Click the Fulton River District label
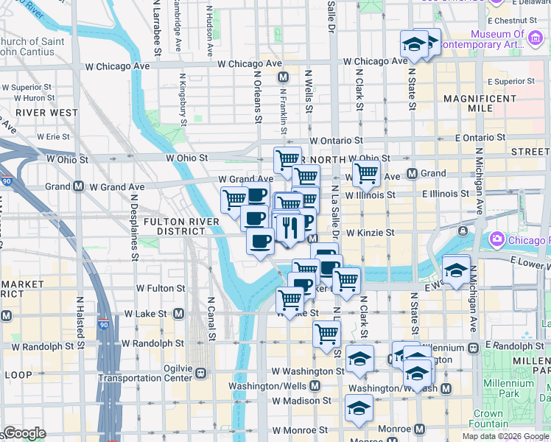click(180, 225)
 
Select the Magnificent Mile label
click(480, 103)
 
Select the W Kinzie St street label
click(371, 233)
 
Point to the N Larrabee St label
click(157, 29)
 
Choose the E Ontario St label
click(480, 138)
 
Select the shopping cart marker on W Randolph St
click(326, 334)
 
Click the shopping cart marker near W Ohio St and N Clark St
click(365, 175)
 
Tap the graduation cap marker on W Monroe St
click(359, 407)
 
